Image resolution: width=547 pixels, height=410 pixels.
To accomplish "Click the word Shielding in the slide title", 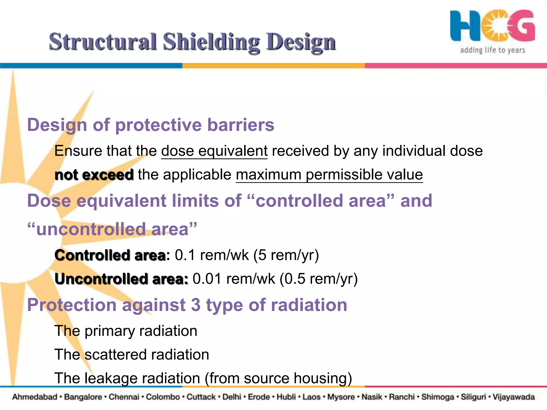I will coord(211,42).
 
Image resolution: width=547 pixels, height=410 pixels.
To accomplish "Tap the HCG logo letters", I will coord(492,26).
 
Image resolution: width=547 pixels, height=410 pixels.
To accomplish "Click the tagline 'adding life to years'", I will coord(492,50).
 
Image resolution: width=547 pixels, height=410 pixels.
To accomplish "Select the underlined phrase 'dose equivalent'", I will coord(214,151).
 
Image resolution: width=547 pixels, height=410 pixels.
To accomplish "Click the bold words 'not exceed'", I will coord(94,175).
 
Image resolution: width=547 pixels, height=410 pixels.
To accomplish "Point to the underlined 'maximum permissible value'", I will coord(329,175).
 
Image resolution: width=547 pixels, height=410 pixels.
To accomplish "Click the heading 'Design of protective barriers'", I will coord(151,125).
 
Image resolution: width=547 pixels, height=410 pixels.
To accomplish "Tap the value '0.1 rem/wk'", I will coord(212,255).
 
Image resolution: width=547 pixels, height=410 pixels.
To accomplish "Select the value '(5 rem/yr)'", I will coord(286,255).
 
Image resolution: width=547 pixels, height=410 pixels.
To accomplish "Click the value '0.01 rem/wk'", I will coord(234,279).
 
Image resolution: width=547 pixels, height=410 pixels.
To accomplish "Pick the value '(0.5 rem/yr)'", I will coord(318,279).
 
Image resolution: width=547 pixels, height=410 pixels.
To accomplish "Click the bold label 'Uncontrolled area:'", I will coord(122,279).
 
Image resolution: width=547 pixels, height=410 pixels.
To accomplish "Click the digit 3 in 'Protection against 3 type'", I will coord(196,305).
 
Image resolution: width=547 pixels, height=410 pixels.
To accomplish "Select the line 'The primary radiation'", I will coord(126,331).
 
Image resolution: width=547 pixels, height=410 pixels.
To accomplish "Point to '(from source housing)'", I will coord(278,378).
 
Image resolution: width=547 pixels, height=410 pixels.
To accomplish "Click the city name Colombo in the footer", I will coord(163,397).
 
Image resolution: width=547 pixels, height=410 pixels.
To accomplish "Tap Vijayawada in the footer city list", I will coord(513,397).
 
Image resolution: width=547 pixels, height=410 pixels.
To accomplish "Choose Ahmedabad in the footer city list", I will coord(35,397).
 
